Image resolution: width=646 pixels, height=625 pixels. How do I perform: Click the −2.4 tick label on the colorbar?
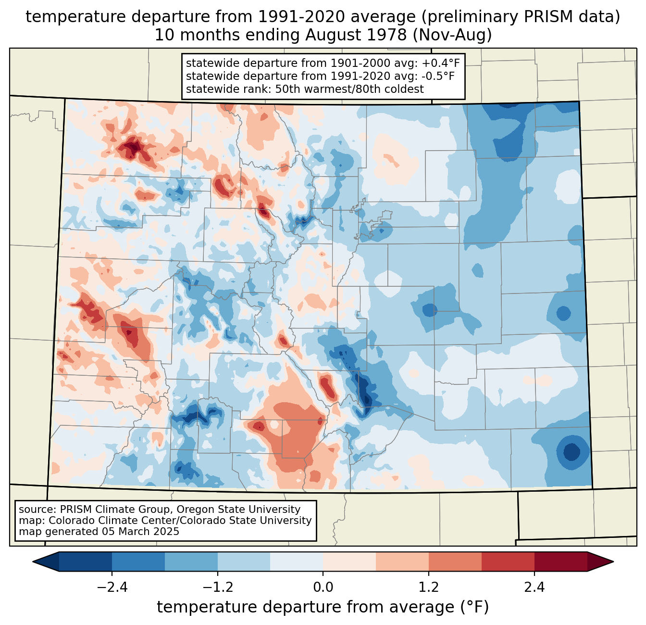pyautogui.click(x=112, y=587)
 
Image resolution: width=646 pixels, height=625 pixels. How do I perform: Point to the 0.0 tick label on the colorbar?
pyautogui.click(x=323, y=587)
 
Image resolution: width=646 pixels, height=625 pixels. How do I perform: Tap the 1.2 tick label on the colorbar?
pyautogui.click(x=429, y=587)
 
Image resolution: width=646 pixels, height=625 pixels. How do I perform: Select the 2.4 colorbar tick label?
pyautogui.click(x=534, y=587)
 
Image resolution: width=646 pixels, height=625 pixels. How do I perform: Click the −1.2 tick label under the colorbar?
pyautogui.click(x=217, y=587)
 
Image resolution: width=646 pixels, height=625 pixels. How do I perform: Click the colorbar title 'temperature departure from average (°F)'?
pyautogui.click(x=323, y=607)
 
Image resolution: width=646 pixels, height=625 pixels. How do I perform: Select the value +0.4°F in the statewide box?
pyautogui.click(x=441, y=63)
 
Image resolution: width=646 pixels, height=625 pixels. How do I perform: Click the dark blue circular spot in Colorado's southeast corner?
pyautogui.click(x=571, y=451)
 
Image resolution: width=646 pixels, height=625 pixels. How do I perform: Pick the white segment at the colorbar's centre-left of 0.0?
pyautogui.click(x=297, y=561)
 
